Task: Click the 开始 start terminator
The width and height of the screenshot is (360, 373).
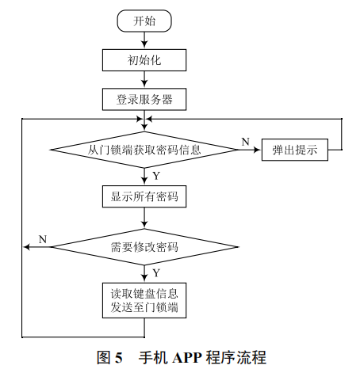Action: (144, 21)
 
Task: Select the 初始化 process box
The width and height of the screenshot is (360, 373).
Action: (144, 59)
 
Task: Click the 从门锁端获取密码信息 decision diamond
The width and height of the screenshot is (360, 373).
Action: (144, 149)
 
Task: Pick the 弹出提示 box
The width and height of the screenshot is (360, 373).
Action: (295, 149)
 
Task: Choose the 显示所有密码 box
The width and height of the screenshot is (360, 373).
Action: (144, 196)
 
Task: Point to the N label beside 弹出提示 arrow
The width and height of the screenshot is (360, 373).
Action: (245, 141)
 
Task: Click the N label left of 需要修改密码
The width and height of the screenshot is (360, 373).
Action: (42, 238)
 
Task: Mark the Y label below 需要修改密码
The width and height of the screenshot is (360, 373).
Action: (155, 272)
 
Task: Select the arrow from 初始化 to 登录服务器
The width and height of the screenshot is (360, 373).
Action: (144, 79)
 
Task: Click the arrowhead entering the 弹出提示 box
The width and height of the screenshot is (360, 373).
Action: (258, 149)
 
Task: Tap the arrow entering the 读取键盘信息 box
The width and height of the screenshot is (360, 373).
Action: (144, 277)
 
